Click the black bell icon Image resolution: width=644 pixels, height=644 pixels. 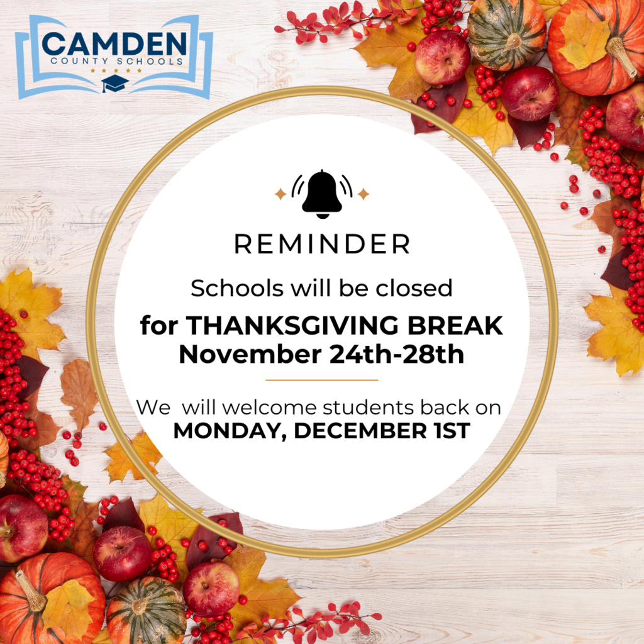(x=322, y=193)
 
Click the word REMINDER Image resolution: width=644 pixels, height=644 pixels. (x=322, y=244)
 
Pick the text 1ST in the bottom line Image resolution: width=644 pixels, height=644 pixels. (x=449, y=431)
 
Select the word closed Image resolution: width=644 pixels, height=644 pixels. (x=414, y=288)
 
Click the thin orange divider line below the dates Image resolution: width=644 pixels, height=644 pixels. (x=322, y=380)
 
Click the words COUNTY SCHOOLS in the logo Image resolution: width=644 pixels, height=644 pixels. (x=114, y=62)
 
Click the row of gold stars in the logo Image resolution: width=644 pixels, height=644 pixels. (x=115, y=71)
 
